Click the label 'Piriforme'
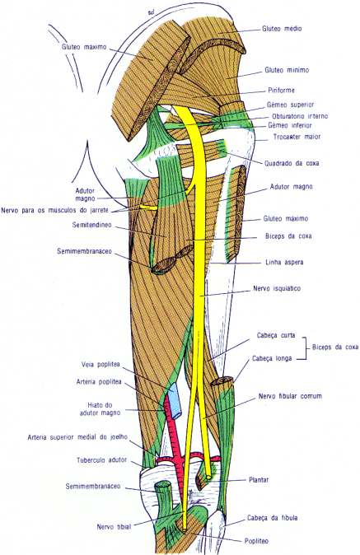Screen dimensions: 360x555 [x=281, y=91]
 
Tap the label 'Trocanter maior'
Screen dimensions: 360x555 [x=297, y=137]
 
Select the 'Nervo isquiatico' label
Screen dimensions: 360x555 [x=277, y=288]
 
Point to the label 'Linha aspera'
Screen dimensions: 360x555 [x=284, y=263]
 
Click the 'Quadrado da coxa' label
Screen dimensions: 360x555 [x=292, y=163]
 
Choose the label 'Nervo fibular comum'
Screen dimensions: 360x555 [x=290, y=396]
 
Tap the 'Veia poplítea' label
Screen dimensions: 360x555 [x=101, y=364]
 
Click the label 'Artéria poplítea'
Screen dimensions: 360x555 [x=99, y=382]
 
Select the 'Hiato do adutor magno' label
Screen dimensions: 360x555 [x=100, y=408]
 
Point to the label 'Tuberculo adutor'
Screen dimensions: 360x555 [x=101, y=460]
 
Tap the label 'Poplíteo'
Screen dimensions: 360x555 [x=256, y=541]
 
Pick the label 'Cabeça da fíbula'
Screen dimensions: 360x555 [x=272, y=518]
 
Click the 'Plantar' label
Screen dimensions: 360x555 [x=259, y=480]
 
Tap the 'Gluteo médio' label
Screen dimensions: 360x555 [x=282, y=29]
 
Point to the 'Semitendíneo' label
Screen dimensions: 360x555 [x=91, y=225]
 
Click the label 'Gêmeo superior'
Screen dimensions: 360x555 [x=290, y=105]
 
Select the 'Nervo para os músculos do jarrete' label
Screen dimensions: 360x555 [x=55, y=210]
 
